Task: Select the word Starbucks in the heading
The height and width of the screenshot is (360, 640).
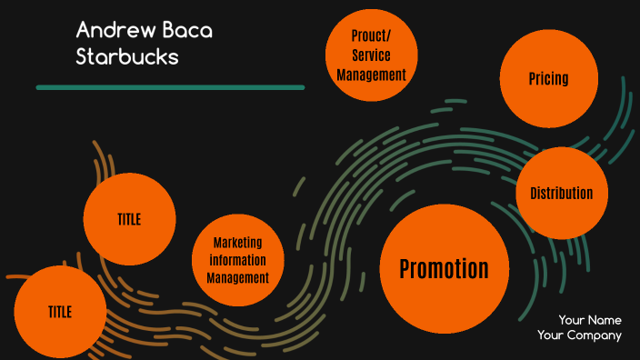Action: (x=127, y=56)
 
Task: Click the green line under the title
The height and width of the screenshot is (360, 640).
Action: (x=170, y=87)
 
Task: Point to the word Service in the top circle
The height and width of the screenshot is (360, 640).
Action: (x=371, y=55)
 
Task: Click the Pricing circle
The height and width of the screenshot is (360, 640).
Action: (x=549, y=79)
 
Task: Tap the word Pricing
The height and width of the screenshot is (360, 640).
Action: (x=549, y=79)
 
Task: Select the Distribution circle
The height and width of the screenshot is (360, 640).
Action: (x=561, y=193)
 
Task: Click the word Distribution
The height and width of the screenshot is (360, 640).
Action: (x=561, y=193)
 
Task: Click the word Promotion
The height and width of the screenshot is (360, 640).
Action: (x=444, y=268)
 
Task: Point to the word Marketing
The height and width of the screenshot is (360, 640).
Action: (x=237, y=243)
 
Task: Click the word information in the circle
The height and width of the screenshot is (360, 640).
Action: (x=237, y=260)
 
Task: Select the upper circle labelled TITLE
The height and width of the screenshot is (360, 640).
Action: (x=129, y=219)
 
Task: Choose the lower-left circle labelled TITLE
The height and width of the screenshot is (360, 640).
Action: (x=60, y=312)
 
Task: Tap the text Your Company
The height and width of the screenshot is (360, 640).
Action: (x=579, y=335)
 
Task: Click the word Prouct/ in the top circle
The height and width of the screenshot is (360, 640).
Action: (x=371, y=36)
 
